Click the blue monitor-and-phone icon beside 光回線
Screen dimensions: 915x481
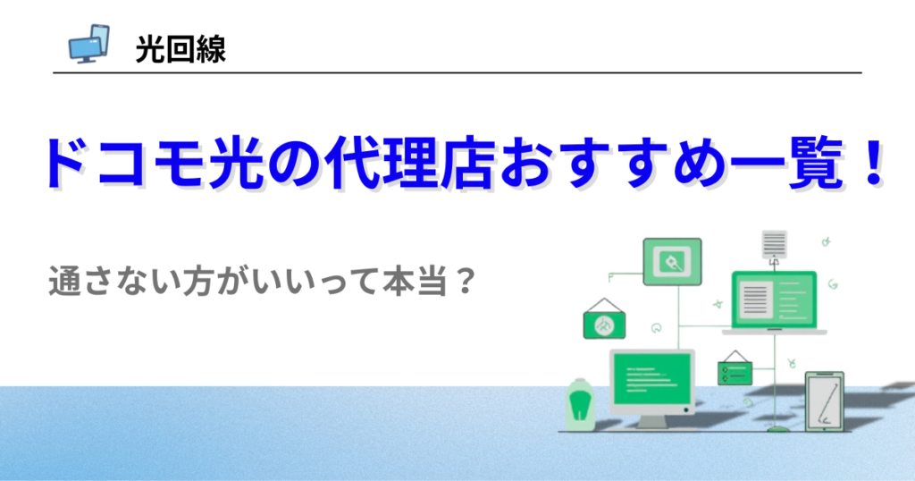tap(88, 44)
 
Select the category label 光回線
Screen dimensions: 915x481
tap(180, 49)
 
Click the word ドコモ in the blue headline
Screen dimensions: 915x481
tap(123, 164)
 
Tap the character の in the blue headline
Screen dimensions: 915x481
tap(293, 164)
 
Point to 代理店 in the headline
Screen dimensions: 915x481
tap(410, 164)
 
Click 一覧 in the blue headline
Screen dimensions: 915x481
tap(785, 164)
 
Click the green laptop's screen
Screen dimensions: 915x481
tap(774, 301)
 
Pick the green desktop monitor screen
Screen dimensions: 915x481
tap(651, 381)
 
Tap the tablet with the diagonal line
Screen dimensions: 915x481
tap(825, 401)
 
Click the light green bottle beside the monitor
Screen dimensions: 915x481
tap(580, 404)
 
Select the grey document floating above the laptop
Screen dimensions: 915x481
tap(775, 244)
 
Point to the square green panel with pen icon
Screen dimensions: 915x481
tap(672, 262)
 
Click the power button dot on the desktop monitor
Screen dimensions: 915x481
tap(686, 410)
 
